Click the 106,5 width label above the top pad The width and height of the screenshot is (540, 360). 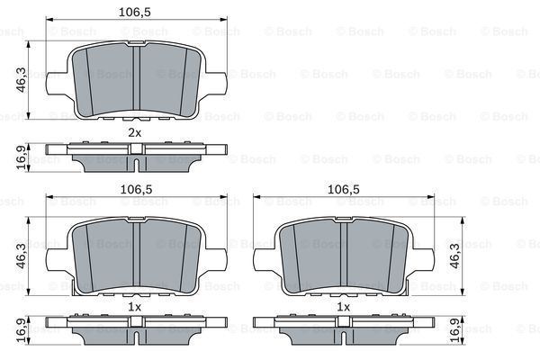coord(134,13)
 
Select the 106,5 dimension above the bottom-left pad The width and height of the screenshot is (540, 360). coord(134,190)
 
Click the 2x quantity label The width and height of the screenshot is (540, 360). coord(134,132)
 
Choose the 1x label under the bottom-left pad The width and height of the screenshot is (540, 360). coord(134,307)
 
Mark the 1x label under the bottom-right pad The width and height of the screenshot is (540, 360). coord(342,307)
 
